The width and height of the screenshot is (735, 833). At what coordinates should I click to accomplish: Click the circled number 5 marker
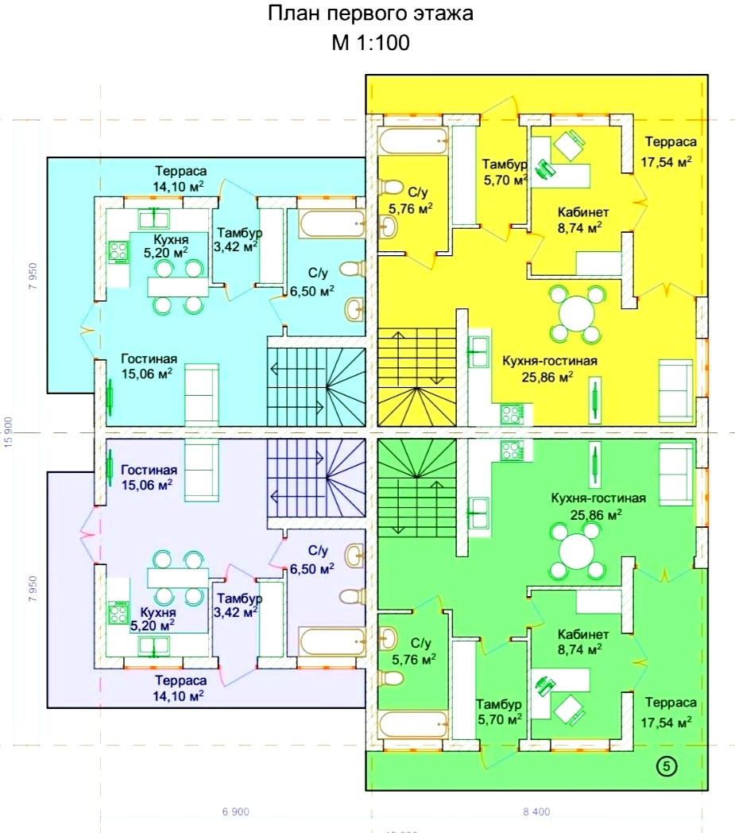click(x=666, y=766)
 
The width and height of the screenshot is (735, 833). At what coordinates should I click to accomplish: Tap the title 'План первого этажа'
click(x=370, y=14)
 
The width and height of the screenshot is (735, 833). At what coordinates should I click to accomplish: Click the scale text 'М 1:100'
click(x=370, y=43)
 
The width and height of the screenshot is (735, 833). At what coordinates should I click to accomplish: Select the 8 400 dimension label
click(x=536, y=812)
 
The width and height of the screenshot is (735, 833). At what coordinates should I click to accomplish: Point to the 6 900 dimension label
click(x=236, y=812)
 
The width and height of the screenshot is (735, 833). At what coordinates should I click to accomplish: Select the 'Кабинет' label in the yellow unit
click(x=582, y=212)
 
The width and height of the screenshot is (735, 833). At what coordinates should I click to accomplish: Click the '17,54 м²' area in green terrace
click(x=666, y=722)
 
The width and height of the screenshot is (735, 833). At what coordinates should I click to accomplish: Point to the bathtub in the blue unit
click(x=332, y=223)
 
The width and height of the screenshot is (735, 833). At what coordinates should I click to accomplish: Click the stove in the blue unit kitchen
click(x=119, y=251)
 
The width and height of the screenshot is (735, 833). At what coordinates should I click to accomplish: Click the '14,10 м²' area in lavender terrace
click(x=181, y=695)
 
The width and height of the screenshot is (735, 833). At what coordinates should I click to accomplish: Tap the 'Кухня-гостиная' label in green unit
click(x=598, y=498)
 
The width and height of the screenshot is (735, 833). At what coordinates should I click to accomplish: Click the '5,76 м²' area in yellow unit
click(x=411, y=208)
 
